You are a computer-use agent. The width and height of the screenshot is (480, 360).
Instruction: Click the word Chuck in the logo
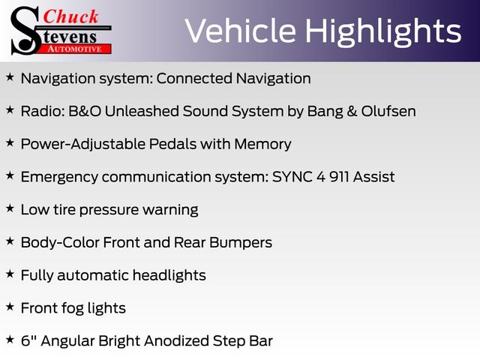[x=70, y=16]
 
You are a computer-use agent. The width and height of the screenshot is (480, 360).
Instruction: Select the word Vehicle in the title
[x=241, y=31]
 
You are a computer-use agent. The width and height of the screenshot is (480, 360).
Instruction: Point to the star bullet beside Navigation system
[x=10, y=76]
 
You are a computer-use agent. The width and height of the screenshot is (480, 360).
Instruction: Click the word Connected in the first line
[x=194, y=78]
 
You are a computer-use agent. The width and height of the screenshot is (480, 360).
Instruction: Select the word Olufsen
[x=388, y=111]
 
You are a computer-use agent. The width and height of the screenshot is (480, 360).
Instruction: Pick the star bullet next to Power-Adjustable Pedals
[x=10, y=142]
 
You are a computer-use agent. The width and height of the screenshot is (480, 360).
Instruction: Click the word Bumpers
[x=241, y=243]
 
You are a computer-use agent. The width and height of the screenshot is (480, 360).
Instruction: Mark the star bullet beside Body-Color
[x=10, y=241]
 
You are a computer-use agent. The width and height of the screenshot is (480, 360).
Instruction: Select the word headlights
[x=169, y=275]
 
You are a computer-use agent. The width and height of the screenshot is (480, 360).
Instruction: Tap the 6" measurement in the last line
[x=28, y=340]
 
